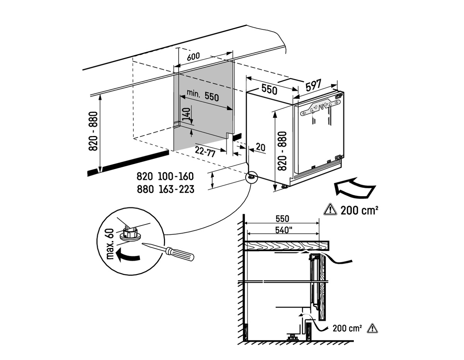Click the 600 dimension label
[x=193, y=56]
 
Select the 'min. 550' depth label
[x=203, y=95]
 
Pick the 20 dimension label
[x=261, y=147]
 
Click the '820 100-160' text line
[x=165, y=177]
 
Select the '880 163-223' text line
[x=165, y=189]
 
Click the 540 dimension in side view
[x=283, y=231]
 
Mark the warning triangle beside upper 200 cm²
[x=330, y=210]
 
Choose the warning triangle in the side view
[x=372, y=328]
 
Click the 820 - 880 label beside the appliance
[x=281, y=151]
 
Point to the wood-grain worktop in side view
[x=286, y=245]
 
